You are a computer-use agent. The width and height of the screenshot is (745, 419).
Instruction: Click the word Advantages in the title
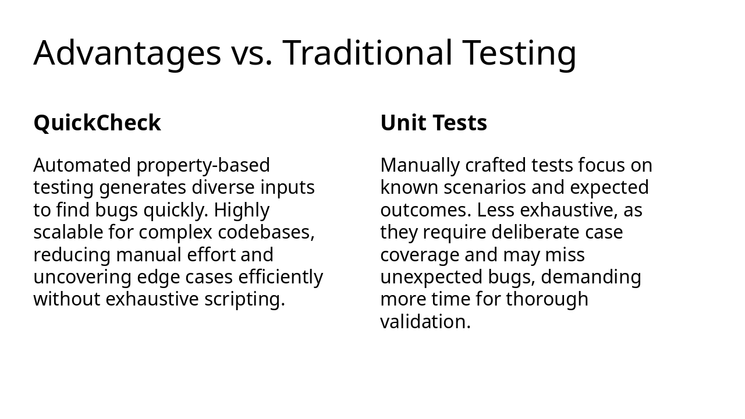click(127, 53)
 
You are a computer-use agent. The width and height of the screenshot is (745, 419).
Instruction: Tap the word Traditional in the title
click(368, 53)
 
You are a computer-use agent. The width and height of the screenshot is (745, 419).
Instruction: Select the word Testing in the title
click(520, 53)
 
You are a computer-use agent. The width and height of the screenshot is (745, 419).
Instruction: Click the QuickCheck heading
click(97, 123)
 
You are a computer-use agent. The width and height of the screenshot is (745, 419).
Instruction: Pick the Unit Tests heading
click(434, 123)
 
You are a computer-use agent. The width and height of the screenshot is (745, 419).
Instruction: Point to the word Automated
click(82, 165)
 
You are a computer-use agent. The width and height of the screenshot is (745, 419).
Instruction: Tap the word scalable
click(68, 232)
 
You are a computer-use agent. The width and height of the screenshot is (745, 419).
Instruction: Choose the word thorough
click(547, 299)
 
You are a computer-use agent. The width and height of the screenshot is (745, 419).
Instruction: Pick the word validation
click(425, 322)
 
